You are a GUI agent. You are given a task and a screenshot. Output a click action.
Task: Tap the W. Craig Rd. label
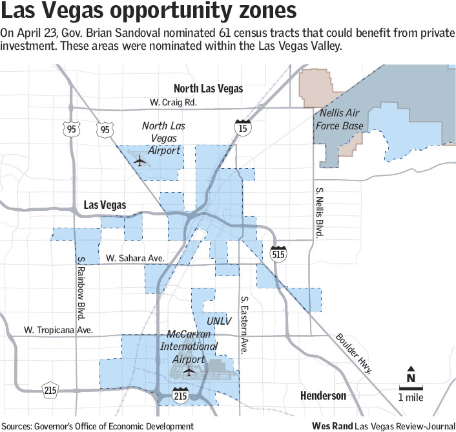(172, 102)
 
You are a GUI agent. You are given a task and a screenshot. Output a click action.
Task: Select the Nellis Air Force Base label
(342, 120)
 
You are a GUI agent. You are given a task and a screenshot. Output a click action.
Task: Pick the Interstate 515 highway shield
(278, 253)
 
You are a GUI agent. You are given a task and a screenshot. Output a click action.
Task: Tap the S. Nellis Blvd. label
(318, 213)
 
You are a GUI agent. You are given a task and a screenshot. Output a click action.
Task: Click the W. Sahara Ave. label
(134, 258)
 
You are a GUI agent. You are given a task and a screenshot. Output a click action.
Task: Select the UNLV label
(218, 321)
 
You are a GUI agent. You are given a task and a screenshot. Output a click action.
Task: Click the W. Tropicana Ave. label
(58, 330)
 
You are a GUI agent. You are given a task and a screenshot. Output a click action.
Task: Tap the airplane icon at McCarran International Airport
(189, 371)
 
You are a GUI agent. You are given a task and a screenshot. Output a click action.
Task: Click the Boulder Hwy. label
(355, 354)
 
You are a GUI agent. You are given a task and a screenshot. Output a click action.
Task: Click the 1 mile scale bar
(410, 390)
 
